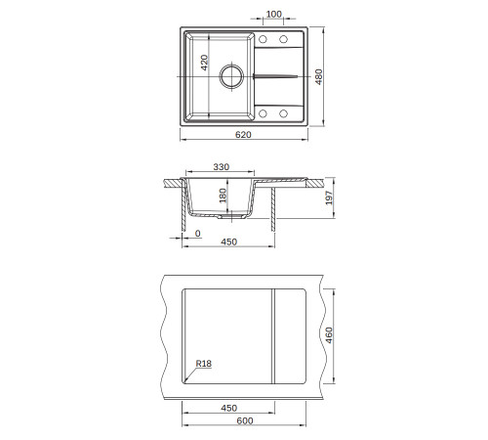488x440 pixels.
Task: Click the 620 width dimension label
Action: click(243, 134)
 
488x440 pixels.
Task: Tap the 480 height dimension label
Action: click(319, 76)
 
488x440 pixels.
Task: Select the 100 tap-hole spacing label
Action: click(273, 14)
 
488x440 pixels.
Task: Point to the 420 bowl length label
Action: click(204, 63)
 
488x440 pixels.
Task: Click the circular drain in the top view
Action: click(231, 76)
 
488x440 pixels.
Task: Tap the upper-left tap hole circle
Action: click(263, 39)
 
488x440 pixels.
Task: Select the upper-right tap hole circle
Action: click(283, 39)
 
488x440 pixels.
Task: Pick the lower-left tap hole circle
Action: click(263, 113)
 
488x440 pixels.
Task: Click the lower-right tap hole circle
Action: click(283, 113)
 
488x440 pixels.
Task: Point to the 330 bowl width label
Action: click(222, 167)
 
